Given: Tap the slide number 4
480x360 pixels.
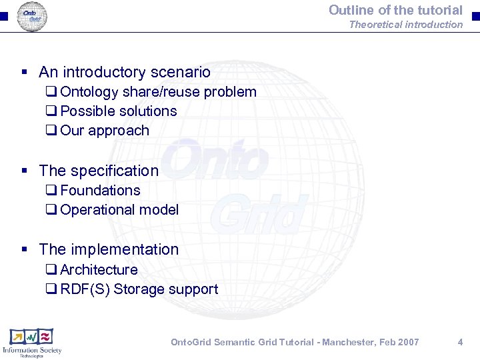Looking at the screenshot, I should [460, 342].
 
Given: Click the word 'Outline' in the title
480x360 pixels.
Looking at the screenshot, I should [350, 10].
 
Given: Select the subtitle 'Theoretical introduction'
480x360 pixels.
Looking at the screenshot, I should [405, 25].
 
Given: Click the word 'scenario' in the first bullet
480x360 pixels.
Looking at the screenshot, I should [179, 72].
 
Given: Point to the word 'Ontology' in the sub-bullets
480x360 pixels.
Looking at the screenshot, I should [89, 92].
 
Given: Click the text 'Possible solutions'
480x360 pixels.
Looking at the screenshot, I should [119, 111].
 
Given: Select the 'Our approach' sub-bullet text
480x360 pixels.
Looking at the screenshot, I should [105, 131].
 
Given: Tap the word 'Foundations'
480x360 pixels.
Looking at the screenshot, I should [100, 191].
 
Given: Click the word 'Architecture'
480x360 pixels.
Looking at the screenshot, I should [99, 270].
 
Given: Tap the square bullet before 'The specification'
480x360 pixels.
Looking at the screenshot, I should [25, 171].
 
